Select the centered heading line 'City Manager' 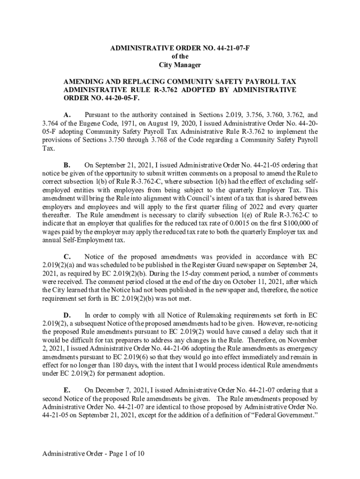(180, 65)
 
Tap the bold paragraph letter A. (67, 114)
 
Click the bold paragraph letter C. (67, 256)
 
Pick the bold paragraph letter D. (67, 315)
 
